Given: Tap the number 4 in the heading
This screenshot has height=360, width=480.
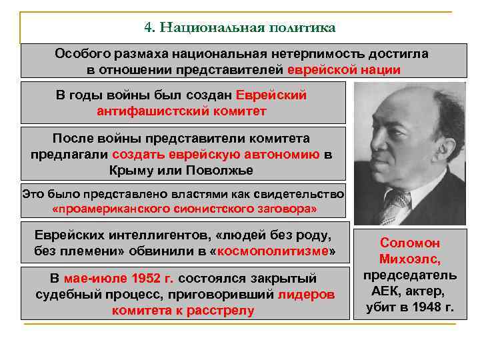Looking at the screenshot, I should click(148, 27).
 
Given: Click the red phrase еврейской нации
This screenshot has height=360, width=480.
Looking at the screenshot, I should click(344, 69).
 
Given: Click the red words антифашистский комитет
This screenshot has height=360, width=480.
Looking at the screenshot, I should click(181, 111).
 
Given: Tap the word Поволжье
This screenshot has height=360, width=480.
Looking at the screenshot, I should click(218, 169).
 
